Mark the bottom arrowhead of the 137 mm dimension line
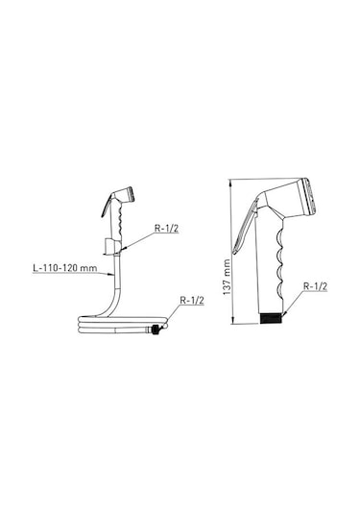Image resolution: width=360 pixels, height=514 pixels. pyautogui.click(x=232, y=321)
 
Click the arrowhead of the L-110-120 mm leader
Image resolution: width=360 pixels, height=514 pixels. pyautogui.click(x=114, y=273)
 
